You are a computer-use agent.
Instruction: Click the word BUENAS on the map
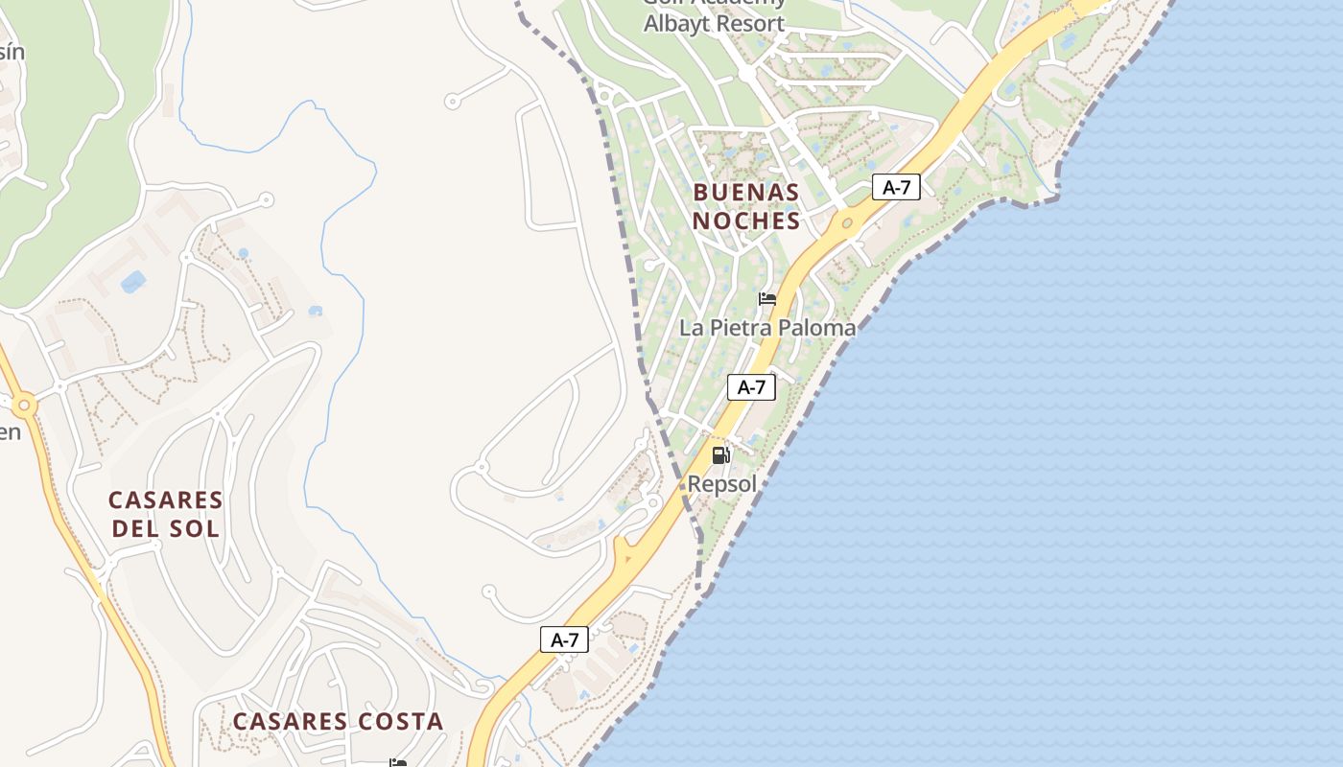pos(746,192)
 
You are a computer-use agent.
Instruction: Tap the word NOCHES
pos(746,221)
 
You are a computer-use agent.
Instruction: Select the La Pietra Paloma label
pos(767,328)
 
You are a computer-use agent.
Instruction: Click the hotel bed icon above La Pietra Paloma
pos(767,299)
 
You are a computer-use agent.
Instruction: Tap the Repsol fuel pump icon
pos(721,455)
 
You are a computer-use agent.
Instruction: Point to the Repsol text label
pos(722,484)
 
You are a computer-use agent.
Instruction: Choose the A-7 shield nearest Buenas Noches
pos(896,188)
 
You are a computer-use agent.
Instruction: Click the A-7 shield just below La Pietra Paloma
pos(751,387)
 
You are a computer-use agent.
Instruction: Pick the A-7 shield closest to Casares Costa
pos(564,639)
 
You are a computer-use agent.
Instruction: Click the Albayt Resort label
pos(714,24)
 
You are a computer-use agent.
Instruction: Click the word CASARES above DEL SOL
pos(166,500)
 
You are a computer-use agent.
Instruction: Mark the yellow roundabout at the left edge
pos(25,407)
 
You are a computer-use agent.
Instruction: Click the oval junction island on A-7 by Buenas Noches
pos(846,223)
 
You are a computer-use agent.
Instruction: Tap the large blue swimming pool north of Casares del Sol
pos(132,282)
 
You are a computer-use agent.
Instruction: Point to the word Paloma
pos(816,328)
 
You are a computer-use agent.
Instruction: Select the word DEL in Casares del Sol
pos(140,528)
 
